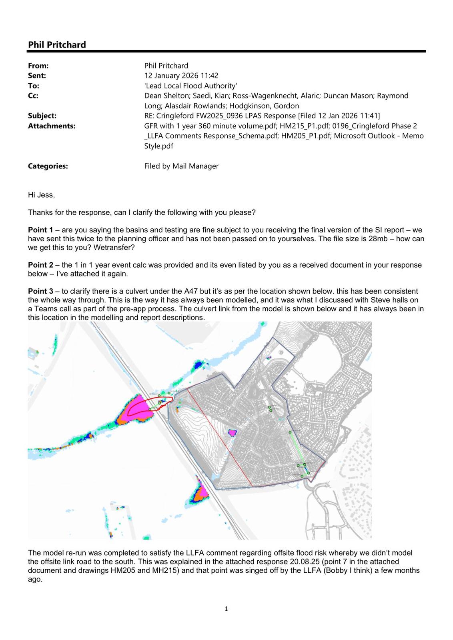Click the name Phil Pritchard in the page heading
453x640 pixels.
tap(57, 45)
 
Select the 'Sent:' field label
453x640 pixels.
tap(37, 76)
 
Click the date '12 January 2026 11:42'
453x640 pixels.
tap(181, 76)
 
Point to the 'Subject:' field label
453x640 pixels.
tap(42, 116)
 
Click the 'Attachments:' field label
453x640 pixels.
tap(51, 126)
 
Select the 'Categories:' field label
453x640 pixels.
tap(48, 166)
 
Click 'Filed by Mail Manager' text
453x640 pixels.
tap(181, 166)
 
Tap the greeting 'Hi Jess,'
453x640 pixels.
tap(41, 195)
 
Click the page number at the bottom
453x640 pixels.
tap(226, 609)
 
